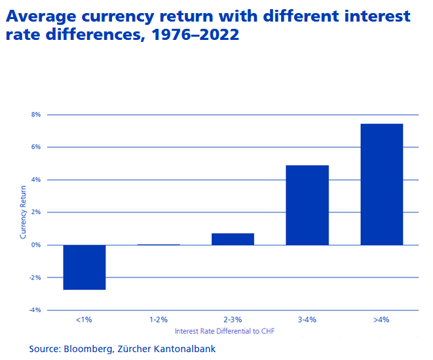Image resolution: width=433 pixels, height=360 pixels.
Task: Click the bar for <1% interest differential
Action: (85, 267)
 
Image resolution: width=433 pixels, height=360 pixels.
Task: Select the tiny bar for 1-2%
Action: (159, 244)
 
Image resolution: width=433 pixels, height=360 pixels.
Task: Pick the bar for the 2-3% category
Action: (233, 239)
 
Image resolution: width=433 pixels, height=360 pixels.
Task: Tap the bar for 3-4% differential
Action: (307, 205)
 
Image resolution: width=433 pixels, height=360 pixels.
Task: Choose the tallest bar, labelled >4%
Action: (381, 184)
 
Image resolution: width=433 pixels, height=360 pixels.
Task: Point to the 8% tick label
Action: (35, 115)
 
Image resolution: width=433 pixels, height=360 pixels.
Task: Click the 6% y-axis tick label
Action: (35, 147)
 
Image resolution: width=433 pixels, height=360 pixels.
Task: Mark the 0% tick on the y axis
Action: (35, 245)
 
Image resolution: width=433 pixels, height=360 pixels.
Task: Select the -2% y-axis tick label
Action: (34, 278)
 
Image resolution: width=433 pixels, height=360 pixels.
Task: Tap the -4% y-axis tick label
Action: (34, 310)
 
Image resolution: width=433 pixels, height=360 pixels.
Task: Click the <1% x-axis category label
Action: (85, 320)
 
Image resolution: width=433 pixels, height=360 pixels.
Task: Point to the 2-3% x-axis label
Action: (233, 320)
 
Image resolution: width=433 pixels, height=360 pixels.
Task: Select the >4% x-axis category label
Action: (381, 320)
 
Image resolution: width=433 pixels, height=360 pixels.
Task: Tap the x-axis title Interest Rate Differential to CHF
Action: (224, 331)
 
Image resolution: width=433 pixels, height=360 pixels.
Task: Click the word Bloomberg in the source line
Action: (93, 349)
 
